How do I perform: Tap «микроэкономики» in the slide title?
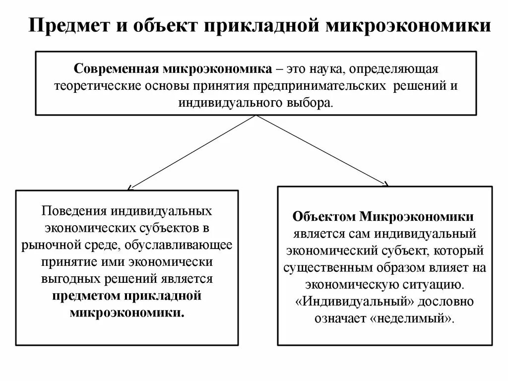[408, 24]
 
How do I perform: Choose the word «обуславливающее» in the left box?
[182, 245]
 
